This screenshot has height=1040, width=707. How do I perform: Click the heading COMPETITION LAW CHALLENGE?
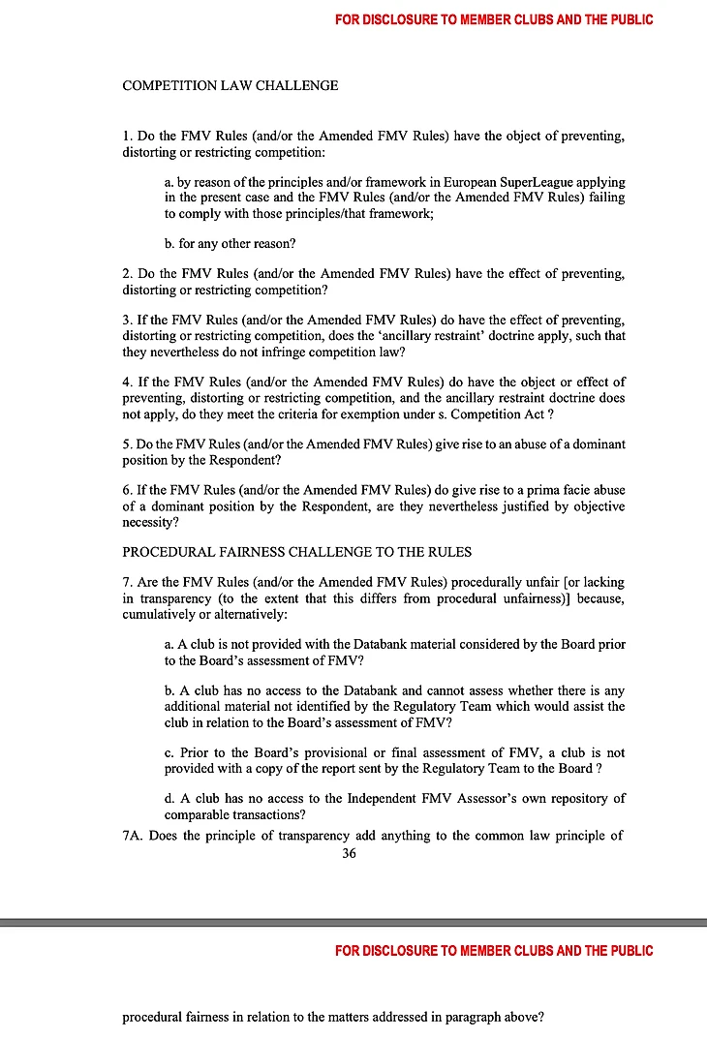pyautogui.click(x=231, y=86)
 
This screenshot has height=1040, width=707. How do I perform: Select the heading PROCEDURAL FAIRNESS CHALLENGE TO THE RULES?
pyautogui.click(x=297, y=552)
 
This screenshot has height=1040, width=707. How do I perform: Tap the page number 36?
pyautogui.click(x=350, y=853)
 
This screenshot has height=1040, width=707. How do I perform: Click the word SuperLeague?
pyautogui.click(x=483, y=182)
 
